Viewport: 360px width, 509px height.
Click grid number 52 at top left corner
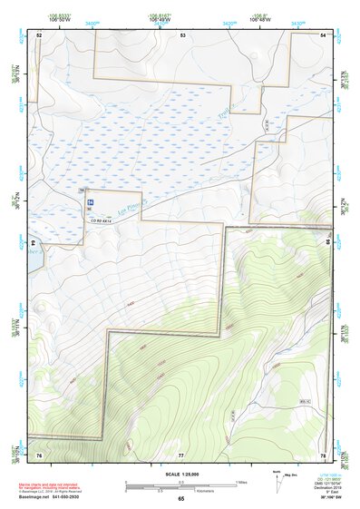39,34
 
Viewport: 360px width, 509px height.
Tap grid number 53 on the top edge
182,34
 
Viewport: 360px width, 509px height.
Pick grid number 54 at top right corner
324,34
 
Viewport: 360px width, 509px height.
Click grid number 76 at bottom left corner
39,454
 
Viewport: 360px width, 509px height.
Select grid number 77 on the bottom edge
181,454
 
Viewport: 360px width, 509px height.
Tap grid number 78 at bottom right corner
323,454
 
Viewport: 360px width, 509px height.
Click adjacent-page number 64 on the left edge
34,243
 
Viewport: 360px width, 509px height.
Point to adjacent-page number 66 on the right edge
328,243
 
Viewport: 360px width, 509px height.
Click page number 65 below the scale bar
181,499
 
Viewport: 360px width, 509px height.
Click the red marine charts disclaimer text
52,481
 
